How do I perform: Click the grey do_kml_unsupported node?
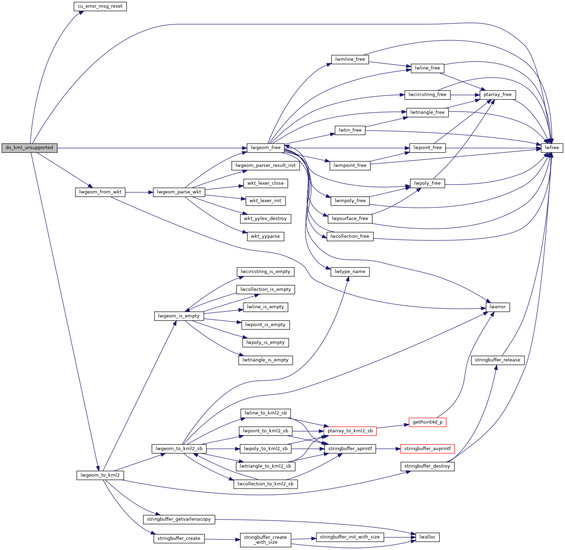29,148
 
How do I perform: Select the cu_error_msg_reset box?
100,6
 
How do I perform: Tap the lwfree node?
552,148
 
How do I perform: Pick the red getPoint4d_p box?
428,422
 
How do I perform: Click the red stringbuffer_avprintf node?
428,449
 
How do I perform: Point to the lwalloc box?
428,537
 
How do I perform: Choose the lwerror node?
498,307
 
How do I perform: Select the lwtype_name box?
350,272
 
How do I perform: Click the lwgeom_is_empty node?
179,316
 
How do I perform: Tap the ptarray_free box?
498,95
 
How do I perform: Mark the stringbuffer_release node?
498,360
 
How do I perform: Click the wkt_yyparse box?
266,236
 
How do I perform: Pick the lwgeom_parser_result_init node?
266,166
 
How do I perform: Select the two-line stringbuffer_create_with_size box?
266,540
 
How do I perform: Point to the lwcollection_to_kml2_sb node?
266,484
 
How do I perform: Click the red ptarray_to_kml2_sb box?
350,431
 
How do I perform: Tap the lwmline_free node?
350,59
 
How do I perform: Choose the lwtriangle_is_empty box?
266,360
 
